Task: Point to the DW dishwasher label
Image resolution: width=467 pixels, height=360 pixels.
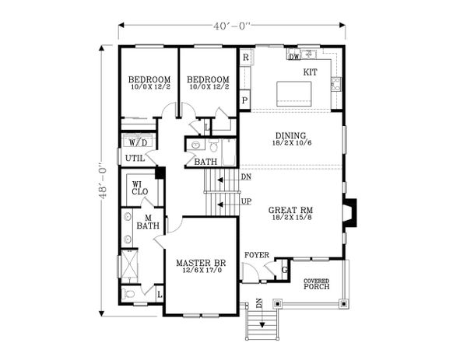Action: coord(294,57)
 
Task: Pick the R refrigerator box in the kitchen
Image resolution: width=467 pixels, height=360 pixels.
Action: coord(245,58)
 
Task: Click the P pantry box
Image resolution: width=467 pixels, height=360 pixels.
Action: coord(245,100)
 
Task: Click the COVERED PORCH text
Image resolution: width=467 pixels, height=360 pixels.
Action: coord(317,284)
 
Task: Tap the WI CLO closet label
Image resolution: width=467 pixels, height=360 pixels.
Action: coord(140,187)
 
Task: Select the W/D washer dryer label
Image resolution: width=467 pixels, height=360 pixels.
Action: coord(138,143)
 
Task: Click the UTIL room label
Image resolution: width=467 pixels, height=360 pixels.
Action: coord(134,158)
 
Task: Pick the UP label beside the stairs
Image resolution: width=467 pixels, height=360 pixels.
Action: coord(246,201)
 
